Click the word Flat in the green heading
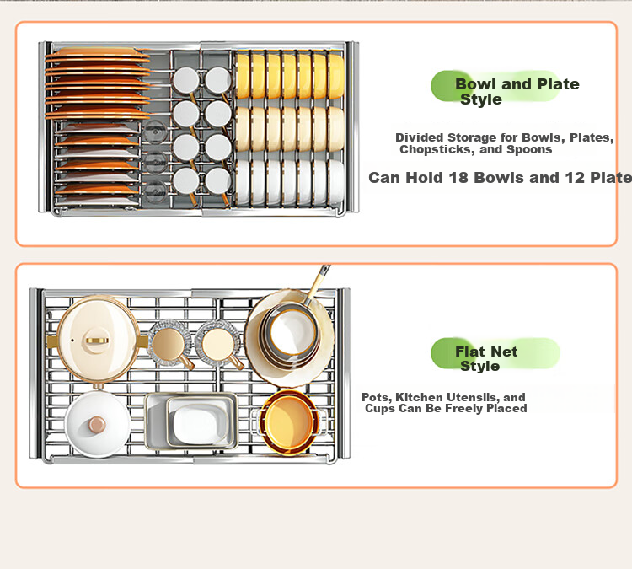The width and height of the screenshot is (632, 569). pos(469,352)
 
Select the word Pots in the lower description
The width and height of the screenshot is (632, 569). pos(377,398)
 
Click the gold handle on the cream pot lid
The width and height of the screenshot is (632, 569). pos(97,341)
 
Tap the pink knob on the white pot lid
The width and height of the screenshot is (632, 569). pos(97,424)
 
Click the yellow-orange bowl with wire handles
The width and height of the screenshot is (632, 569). pos(288,421)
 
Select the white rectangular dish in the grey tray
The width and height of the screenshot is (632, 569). pos(198,422)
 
